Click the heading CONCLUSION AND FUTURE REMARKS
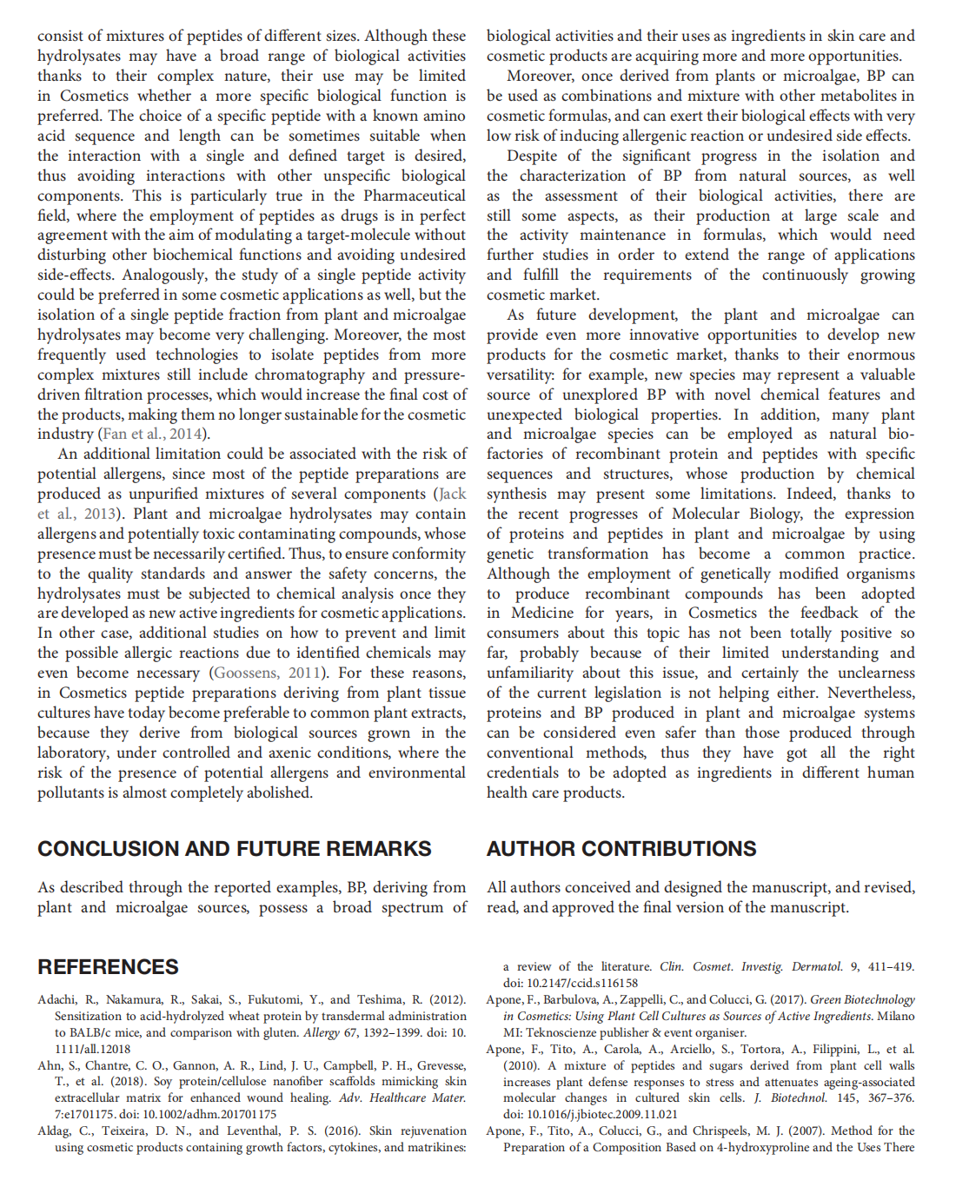[234, 849]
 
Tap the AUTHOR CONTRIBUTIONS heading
[621, 849]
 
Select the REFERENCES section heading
[108, 967]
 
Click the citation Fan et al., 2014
[153, 434]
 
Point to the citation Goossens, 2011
[264, 673]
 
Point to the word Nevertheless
[871, 693]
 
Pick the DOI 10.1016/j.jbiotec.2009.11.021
[602, 1114]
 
